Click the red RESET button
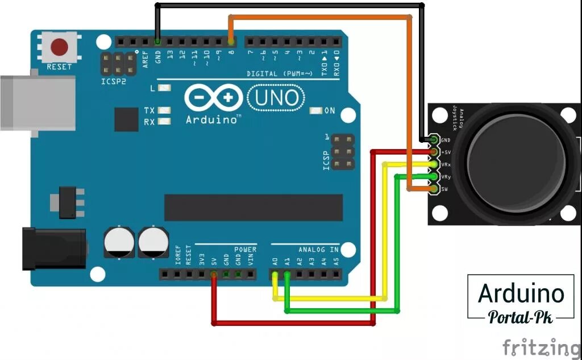pyautogui.click(x=59, y=47)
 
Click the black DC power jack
pyautogui.click(x=53, y=249)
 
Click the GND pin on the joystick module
pyautogui.click(x=435, y=139)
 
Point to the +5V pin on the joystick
pyautogui.click(x=435, y=152)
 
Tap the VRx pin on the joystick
pyautogui.click(x=435, y=164)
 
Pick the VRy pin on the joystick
pyautogui.click(x=435, y=176)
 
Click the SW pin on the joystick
pyautogui.click(x=435, y=188)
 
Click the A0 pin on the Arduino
pyautogui.click(x=275, y=275)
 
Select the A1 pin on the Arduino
pyautogui.click(x=287, y=275)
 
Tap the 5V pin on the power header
pyautogui.click(x=214, y=275)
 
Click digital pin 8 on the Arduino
pyautogui.click(x=231, y=42)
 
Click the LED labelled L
pyautogui.click(x=165, y=88)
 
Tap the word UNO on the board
pyautogui.click(x=277, y=98)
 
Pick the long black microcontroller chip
pyautogui.click(x=253, y=208)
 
